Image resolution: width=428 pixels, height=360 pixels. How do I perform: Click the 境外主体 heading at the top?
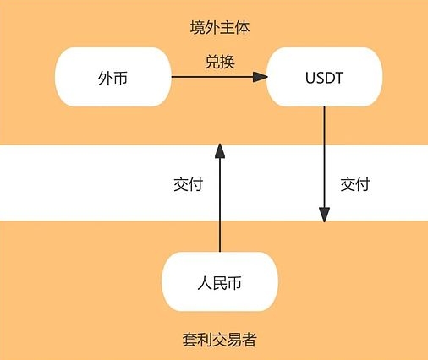coord(220,28)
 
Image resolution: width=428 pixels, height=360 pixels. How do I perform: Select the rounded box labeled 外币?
coord(112,77)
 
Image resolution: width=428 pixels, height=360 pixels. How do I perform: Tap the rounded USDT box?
coord(324,77)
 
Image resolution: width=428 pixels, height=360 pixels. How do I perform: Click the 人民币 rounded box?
coord(220,281)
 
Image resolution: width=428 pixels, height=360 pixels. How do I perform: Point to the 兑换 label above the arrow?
coord(220,62)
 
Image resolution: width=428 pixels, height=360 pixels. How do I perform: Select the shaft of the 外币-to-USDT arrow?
coord(212,77)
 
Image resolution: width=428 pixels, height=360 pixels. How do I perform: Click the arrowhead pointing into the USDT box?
coord(260,77)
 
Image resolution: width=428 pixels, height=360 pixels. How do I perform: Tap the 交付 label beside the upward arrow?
coord(188,184)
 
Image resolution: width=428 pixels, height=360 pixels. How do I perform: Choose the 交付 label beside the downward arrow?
coord(355,184)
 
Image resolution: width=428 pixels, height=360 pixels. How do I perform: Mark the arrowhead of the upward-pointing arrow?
coord(220,150)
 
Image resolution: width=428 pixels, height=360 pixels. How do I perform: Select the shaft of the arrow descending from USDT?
coord(324,157)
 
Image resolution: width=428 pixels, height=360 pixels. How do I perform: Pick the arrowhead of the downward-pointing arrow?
coord(324,215)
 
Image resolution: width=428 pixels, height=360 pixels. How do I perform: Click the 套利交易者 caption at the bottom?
coord(219,340)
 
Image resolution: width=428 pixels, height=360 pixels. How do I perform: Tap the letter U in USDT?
coord(310,78)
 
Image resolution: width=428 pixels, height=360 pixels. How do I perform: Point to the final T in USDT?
coord(338,78)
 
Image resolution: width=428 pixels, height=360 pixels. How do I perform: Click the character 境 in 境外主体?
coord(197,28)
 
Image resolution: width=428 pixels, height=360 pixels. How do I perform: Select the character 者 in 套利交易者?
coord(250,340)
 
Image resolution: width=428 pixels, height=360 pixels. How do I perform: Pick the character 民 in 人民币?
coord(220,283)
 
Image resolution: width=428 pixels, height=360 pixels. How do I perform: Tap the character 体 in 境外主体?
coord(243,28)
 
